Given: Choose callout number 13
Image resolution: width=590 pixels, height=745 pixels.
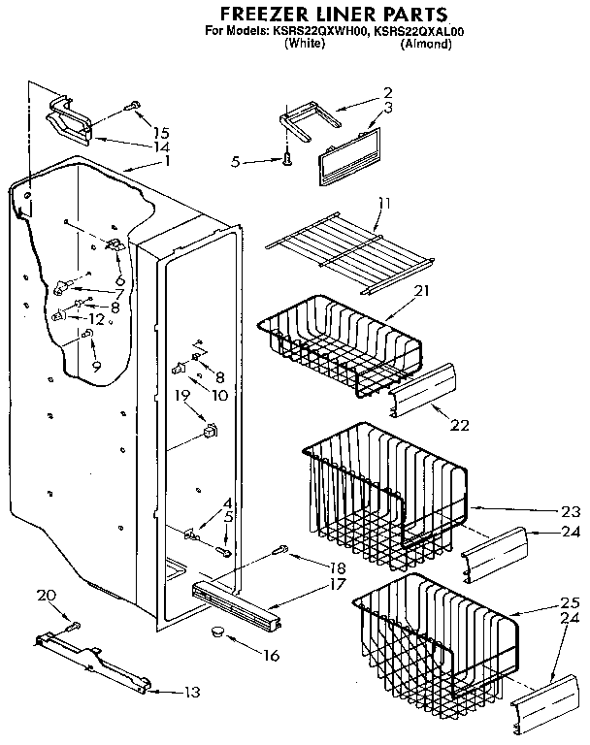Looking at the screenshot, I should (x=192, y=692).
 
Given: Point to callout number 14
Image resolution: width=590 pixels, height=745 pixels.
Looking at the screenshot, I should (x=160, y=146).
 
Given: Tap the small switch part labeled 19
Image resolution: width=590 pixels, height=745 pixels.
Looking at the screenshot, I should (x=210, y=432).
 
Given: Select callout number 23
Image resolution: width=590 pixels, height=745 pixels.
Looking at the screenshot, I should (x=570, y=511).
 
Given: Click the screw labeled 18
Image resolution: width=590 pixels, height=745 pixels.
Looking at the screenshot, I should (x=282, y=551).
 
